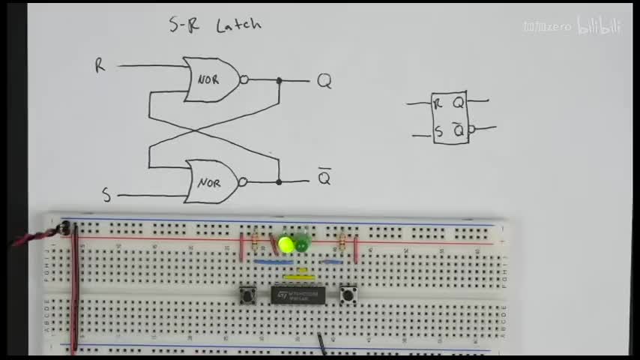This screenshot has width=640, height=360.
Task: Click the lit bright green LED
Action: click(x=286, y=244)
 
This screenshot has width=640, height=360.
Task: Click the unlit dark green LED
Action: click(x=302, y=244)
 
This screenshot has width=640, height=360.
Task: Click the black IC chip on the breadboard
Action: click(x=298, y=295)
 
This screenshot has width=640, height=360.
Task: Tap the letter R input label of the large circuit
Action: click(x=100, y=66)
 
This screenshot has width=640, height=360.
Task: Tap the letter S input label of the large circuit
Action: click(x=106, y=196)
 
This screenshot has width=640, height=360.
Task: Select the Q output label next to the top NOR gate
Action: click(x=324, y=81)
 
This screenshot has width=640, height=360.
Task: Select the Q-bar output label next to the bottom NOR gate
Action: click(x=324, y=178)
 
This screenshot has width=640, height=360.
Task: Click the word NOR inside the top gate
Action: click(x=208, y=79)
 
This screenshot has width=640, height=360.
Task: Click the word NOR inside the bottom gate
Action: click(x=208, y=182)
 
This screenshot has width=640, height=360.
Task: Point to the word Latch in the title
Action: click(x=238, y=25)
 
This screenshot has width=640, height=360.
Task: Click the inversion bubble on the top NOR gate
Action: click(x=244, y=79)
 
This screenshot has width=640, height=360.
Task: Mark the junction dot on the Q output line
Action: click(x=279, y=80)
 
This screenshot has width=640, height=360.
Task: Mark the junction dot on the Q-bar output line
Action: click(x=279, y=181)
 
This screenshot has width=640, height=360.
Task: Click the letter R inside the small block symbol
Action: click(x=438, y=103)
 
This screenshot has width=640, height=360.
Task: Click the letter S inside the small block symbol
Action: click(x=438, y=133)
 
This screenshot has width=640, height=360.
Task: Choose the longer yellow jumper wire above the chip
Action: click(x=298, y=277)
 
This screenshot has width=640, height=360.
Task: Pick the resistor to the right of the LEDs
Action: click(x=342, y=241)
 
